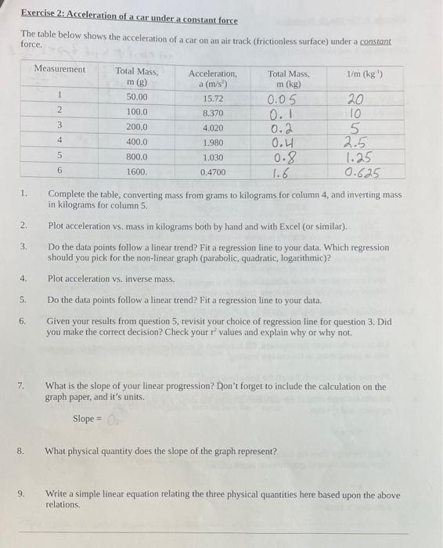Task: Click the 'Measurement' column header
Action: [59, 69]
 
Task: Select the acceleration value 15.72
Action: [213, 99]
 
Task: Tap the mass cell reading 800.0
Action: [137, 157]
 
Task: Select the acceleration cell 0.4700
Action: [213, 171]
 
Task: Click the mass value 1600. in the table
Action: [137, 171]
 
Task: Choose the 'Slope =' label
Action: [88, 419]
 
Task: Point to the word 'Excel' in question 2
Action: [297, 225]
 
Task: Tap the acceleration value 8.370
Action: [213, 113]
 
